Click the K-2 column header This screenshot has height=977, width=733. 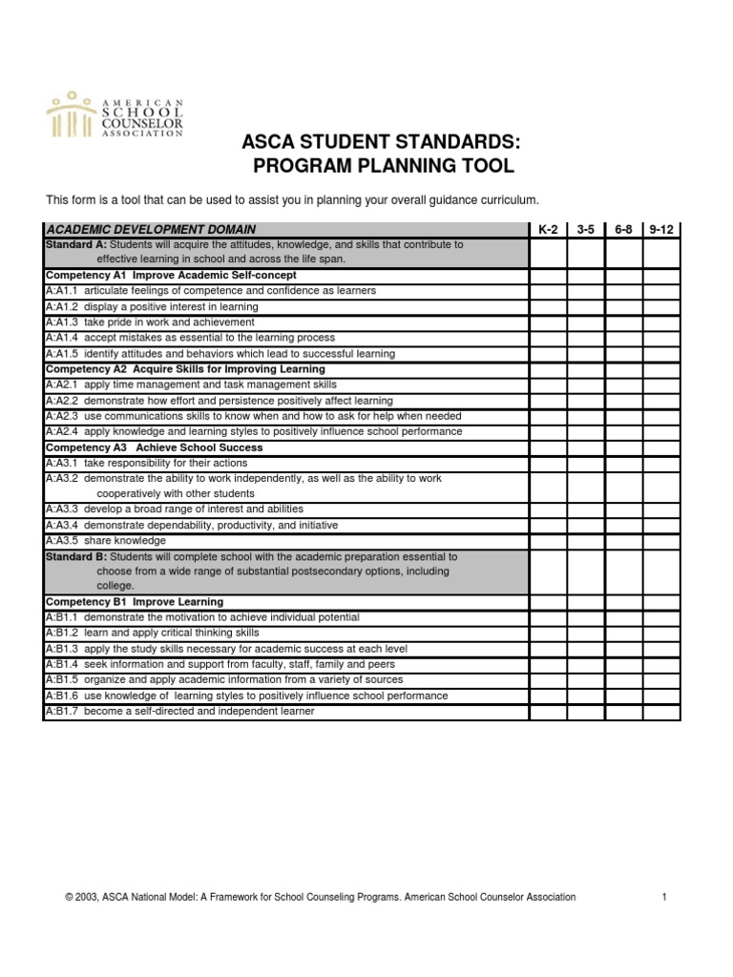tap(547, 230)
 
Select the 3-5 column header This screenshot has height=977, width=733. tap(584, 230)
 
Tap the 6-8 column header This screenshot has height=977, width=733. tap(622, 230)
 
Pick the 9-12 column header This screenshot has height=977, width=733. tap(661, 230)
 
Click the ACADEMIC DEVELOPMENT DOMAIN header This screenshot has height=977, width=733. tap(151, 230)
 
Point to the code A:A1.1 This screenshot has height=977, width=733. tap(62, 290)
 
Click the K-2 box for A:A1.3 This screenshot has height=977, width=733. tap(548, 322)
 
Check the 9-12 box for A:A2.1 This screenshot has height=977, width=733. tap(661, 385)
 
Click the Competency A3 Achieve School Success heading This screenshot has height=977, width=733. tap(154, 447)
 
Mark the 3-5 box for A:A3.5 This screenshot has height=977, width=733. tap(585, 540)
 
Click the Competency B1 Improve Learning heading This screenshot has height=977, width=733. tap(135, 602)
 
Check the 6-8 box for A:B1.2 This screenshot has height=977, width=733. tap(623, 633)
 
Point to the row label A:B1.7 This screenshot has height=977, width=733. tap(62, 711)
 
